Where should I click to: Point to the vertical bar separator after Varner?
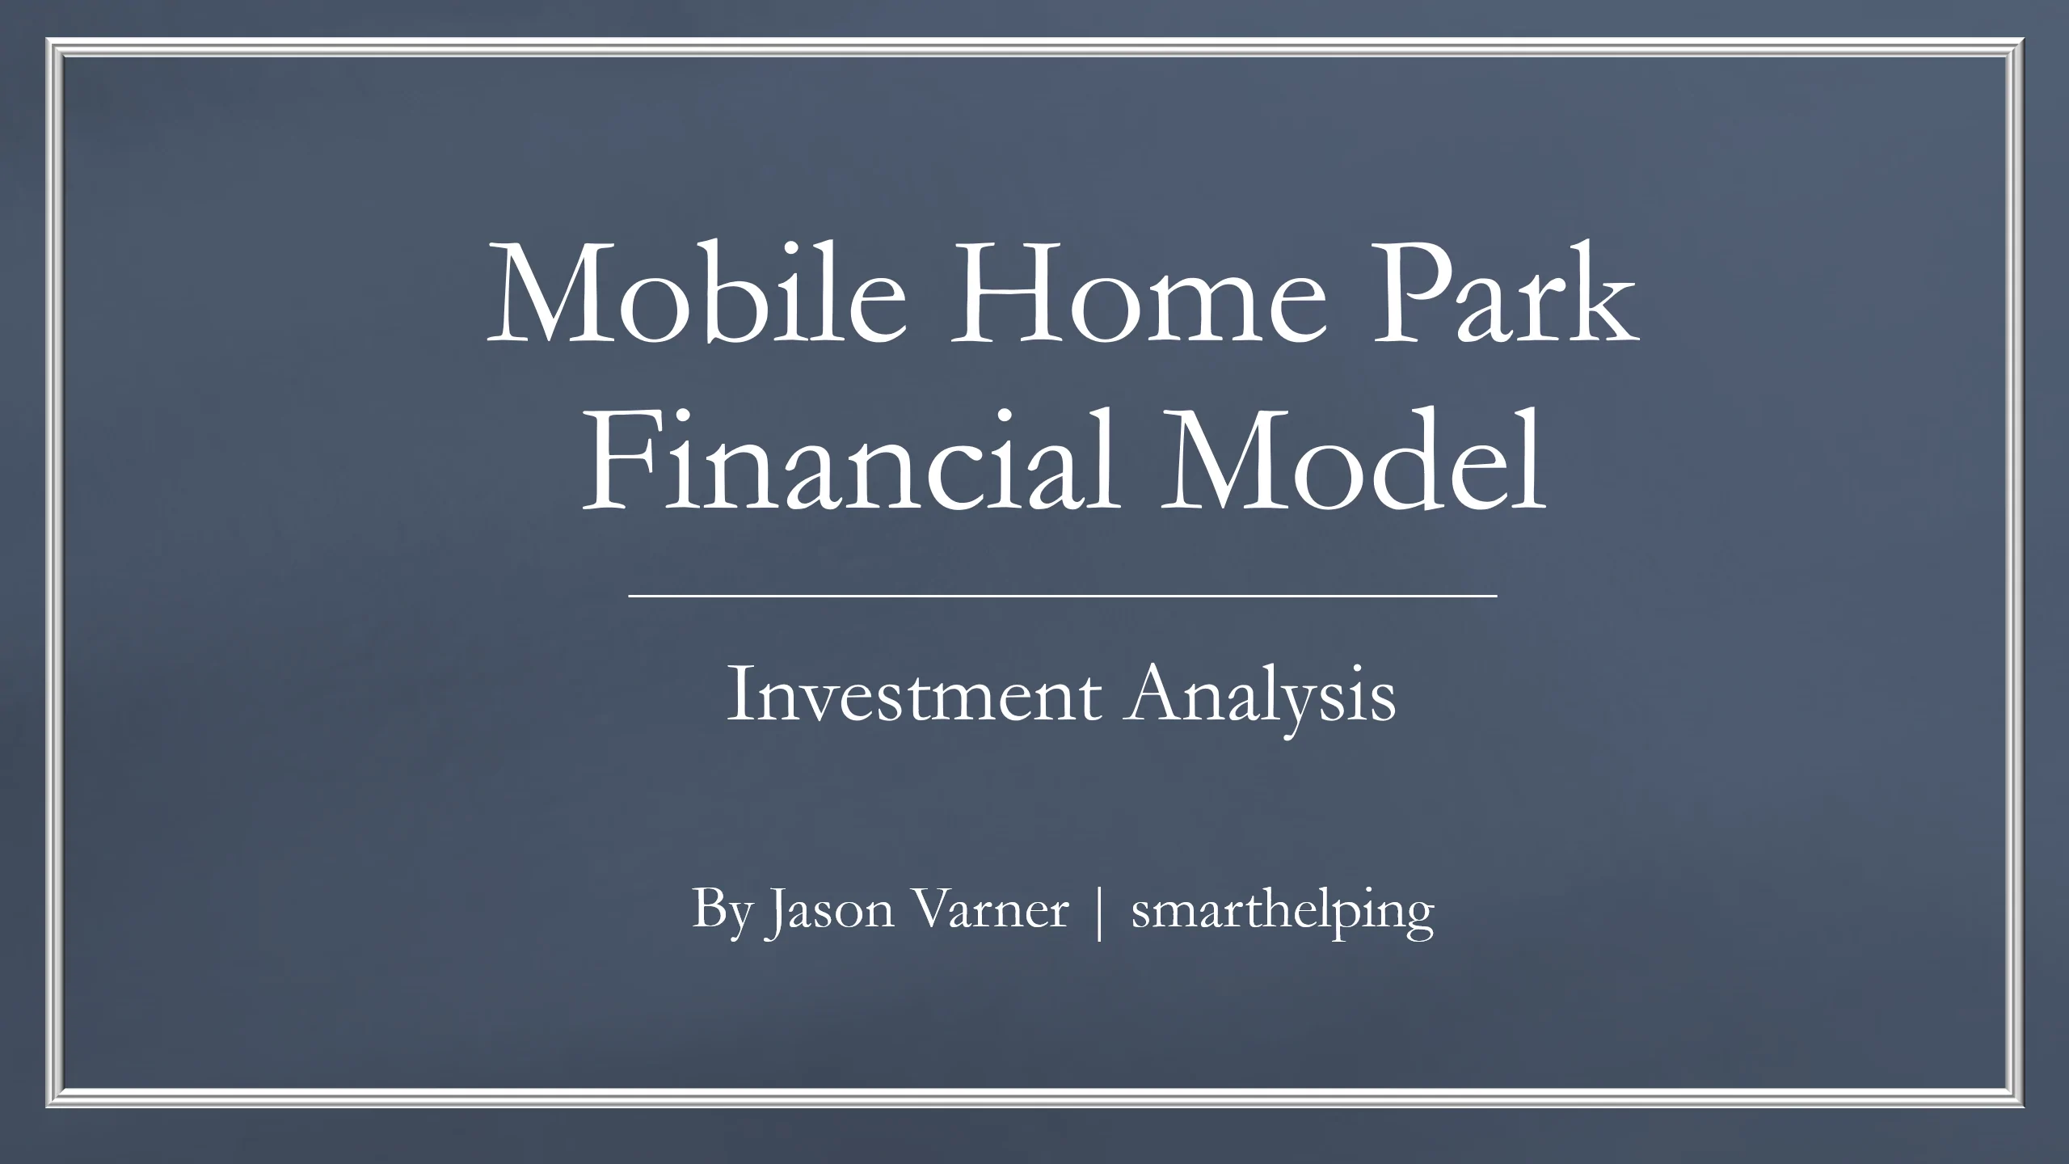[x=1098, y=913]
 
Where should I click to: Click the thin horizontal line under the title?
[x=1063, y=596]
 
